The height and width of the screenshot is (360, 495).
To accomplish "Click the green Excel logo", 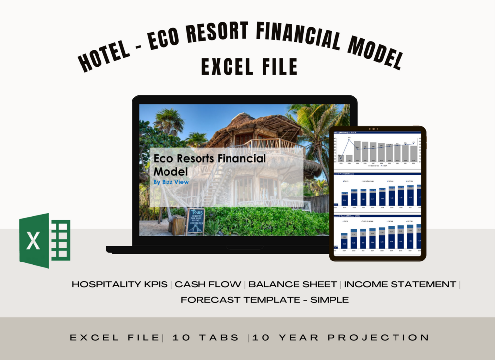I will [45, 241].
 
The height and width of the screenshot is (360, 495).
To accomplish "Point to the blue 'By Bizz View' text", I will [171, 182].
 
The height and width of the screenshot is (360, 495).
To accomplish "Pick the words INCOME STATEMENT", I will [400, 284].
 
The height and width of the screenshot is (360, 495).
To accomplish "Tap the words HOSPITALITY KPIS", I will [121, 284].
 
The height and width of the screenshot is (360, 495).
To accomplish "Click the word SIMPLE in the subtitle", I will [329, 299].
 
